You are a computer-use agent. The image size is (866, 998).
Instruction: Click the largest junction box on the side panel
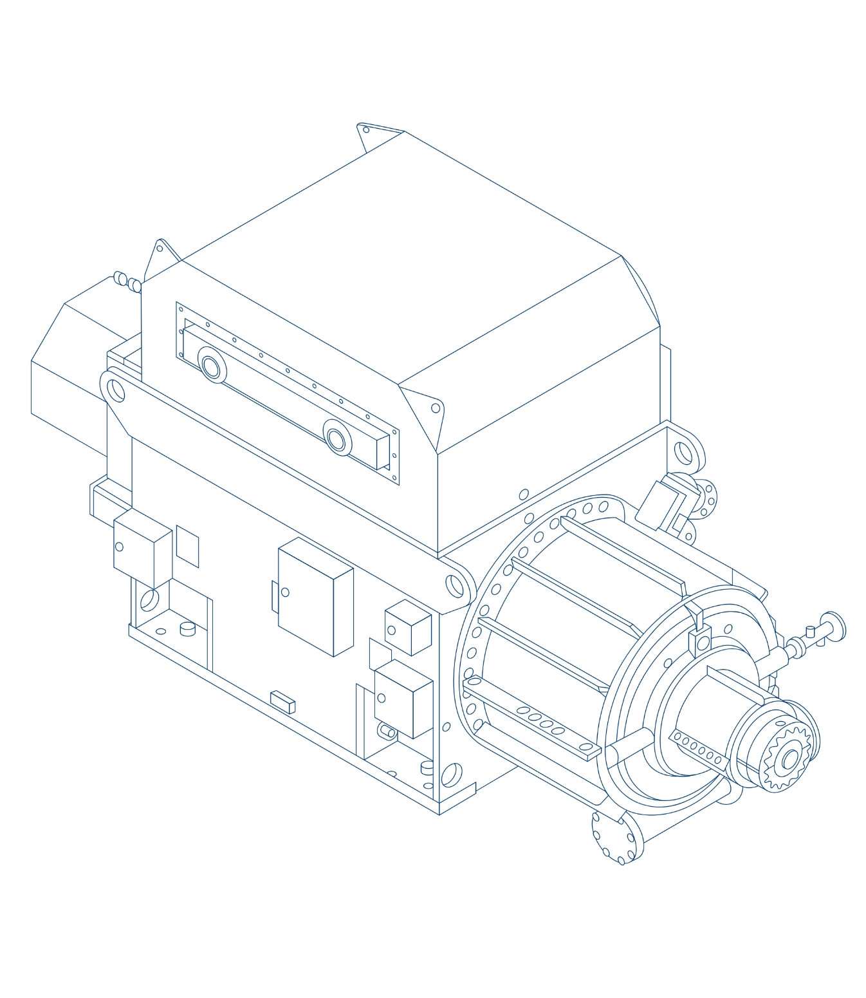coord(315,597)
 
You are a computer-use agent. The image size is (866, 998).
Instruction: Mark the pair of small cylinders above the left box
coord(127,281)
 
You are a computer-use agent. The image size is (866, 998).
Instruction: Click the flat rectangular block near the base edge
coord(282,702)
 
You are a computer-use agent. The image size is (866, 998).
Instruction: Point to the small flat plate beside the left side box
coord(187,546)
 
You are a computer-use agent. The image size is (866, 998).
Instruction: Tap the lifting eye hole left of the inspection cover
coord(116,390)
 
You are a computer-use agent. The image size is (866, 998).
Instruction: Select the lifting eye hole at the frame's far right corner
coord(683,453)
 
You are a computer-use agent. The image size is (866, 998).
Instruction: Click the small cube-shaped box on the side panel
coord(408,628)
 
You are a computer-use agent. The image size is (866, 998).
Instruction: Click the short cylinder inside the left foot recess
coord(187,628)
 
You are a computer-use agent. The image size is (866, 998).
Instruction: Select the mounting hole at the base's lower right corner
coord(451,775)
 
